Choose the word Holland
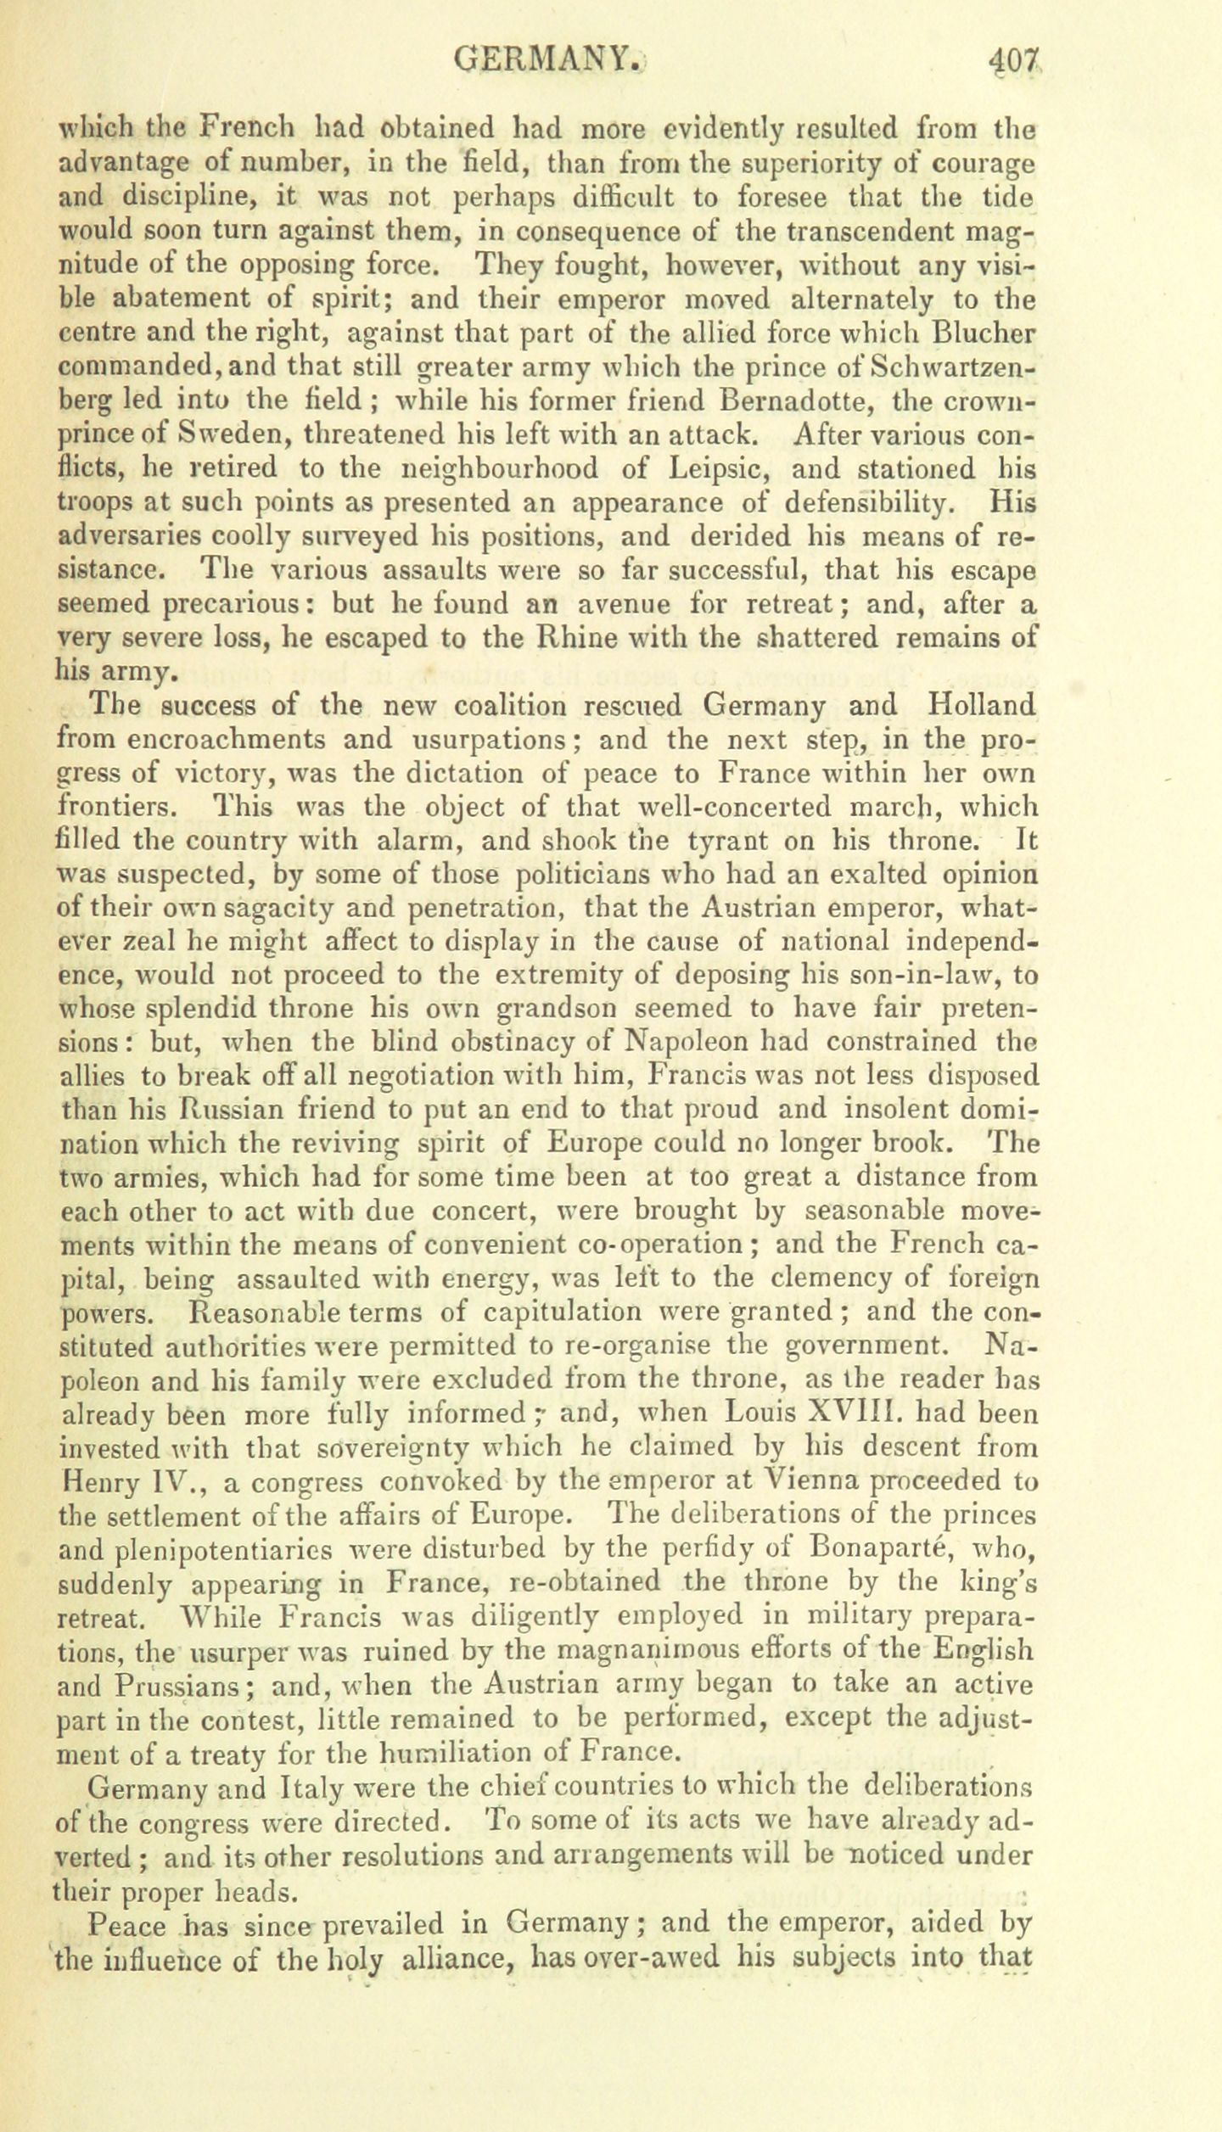pyautogui.click(x=983, y=706)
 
